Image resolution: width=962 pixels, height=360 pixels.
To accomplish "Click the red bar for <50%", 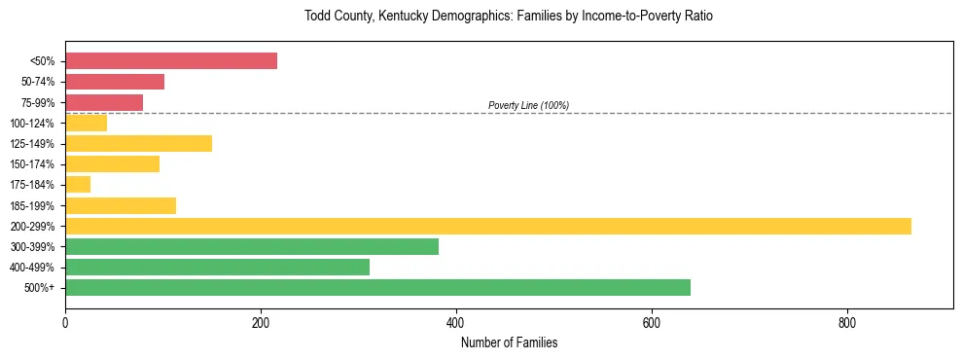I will (x=171, y=61).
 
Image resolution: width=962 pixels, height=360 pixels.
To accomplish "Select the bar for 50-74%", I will (x=115, y=82).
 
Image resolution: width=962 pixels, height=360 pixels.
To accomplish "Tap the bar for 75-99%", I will (x=104, y=102).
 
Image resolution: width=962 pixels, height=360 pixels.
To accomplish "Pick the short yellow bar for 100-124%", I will (x=86, y=123).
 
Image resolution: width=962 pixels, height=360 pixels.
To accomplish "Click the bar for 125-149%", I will (x=138, y=144).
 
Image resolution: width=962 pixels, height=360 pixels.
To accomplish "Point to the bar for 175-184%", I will (x=78, y=185).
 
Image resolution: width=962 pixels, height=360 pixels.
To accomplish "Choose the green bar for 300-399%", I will (x=252, y=246).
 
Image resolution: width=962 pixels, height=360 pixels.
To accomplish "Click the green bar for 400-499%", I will (x=217, y=267).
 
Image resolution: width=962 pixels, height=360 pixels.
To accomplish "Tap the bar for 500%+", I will (x=377, y=287).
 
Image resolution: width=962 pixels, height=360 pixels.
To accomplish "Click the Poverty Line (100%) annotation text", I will (x=528, y=105).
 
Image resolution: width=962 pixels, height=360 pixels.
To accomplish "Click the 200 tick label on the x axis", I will (x=261, y=323).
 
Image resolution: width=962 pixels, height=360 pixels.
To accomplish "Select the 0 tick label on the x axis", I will (x=65, y=323).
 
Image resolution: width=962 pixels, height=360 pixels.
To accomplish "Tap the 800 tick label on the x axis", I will (x=847, y=323).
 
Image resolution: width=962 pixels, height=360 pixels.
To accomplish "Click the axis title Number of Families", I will (x=509, y=342).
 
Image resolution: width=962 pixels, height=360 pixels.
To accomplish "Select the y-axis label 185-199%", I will (x=32, y=205).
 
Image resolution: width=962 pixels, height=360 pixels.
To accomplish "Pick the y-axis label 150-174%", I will (x=32, y=164).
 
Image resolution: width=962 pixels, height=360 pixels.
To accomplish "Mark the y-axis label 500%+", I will (x=40, y=288).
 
